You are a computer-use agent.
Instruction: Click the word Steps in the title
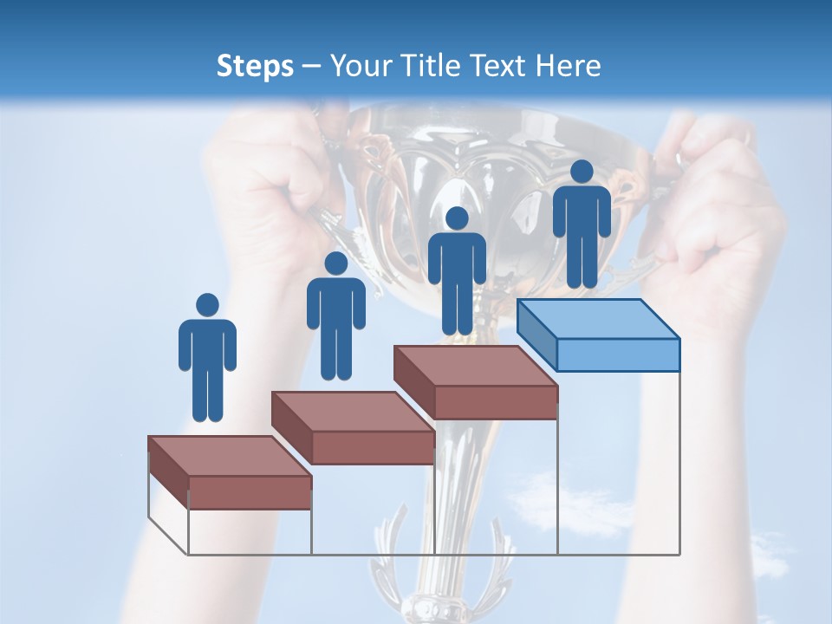coord(255,66)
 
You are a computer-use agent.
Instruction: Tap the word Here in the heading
coord(569,66)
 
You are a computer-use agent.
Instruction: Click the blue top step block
coord(598,334)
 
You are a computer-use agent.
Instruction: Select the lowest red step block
coord(230,472)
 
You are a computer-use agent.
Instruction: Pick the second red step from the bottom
coord(353,427)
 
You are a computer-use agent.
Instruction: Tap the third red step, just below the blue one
coord(476,382)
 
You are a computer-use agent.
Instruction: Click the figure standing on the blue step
coord(582,225)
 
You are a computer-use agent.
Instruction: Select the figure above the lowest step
coord(207,359)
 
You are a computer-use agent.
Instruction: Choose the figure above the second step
coord(335,317)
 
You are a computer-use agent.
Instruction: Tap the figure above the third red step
coord(457,272)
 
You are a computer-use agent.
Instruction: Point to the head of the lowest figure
coord(207,305)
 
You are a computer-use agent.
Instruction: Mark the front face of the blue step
coord(617,354)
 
